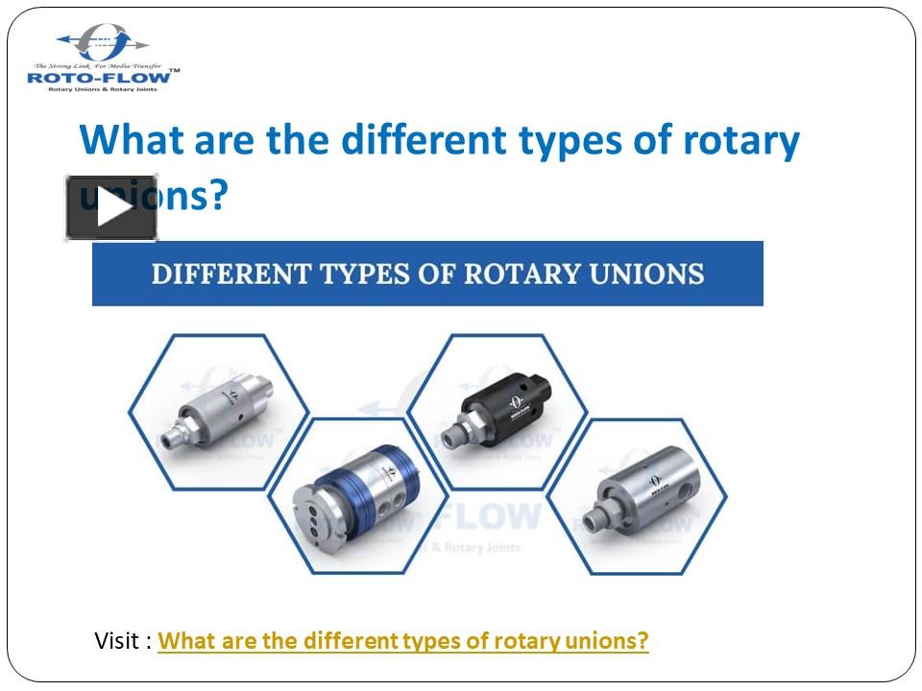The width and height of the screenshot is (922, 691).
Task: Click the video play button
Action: coord(111,208)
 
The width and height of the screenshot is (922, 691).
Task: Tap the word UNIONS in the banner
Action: coord(643,274)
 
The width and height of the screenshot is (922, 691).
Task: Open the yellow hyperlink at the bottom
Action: coord(403,640)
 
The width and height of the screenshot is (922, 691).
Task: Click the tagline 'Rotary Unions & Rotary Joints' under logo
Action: coord(103,88)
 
